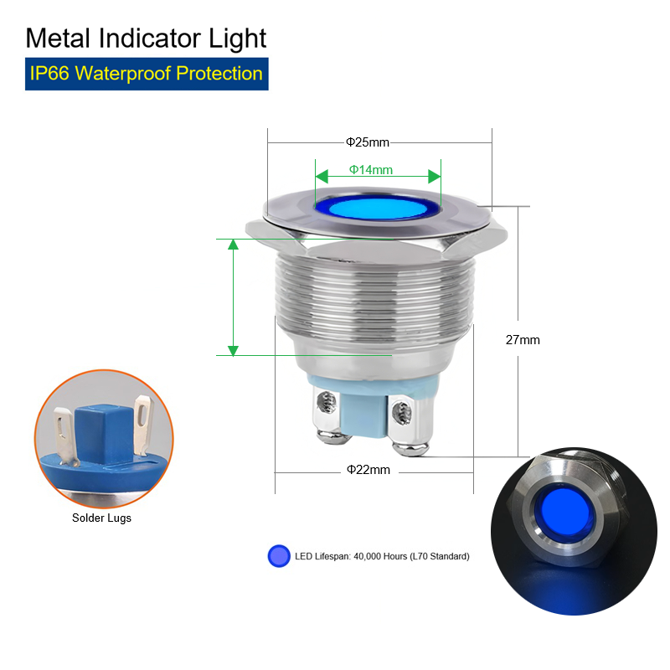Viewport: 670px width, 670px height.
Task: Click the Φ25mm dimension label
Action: (x=368, y=142)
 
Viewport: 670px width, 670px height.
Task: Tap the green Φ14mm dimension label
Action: (x=371, y=170)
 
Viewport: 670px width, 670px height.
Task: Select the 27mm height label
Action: (x=523, y=340)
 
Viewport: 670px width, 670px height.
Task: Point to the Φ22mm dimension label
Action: (x=368, y=470)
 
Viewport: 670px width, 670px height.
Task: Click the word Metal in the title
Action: (x=58, y=39)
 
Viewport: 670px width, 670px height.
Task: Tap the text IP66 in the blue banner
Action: (x=49, y=74)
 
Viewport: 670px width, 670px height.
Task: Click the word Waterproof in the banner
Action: (x=123, y=74)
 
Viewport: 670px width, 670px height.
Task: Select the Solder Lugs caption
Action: (x=101, y=518)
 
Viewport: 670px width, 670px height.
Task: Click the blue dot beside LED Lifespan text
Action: (x=279, y=556)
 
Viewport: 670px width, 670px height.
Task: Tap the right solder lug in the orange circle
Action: (x=143, y=425)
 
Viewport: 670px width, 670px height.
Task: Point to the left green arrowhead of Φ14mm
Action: (x=322, y=176)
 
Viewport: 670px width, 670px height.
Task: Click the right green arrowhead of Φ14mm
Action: (x=434, y=176)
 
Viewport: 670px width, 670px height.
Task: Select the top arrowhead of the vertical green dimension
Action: (x=233, y=245)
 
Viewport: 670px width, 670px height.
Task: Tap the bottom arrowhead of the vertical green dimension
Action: (x=233, y=350)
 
